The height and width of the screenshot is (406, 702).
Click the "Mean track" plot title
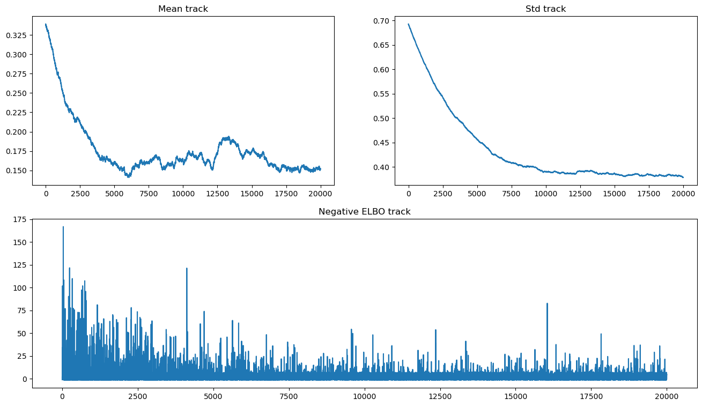tap(183, 9)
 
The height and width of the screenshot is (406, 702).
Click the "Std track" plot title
tap(545, 9)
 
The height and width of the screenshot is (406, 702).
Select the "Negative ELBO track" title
tap(364, 212)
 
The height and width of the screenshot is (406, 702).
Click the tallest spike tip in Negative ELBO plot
tap(63, 227)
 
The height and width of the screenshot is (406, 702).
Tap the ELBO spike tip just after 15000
tap(547, 304)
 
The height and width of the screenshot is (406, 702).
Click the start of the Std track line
tap(409, 24)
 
